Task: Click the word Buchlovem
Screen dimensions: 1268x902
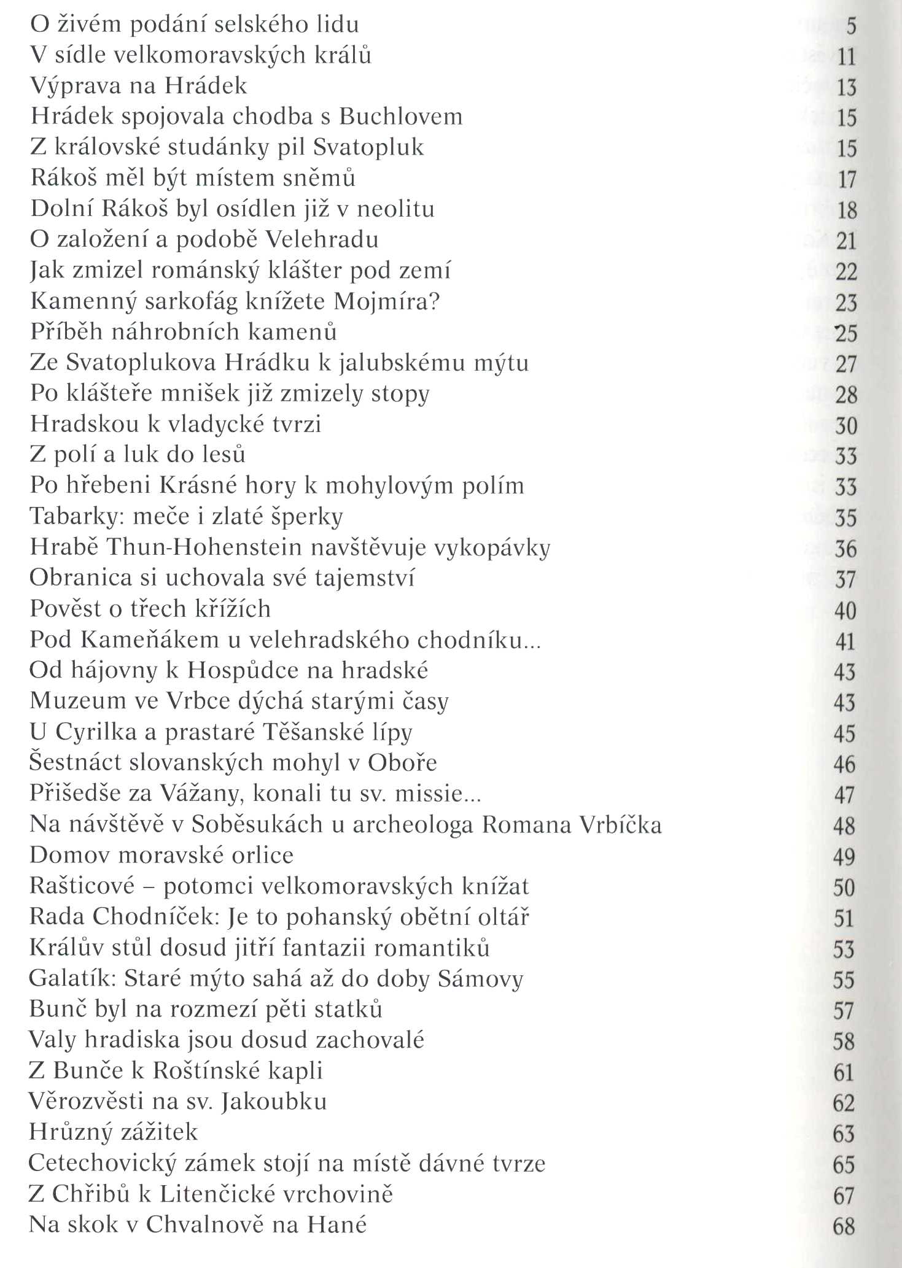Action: (400, 117)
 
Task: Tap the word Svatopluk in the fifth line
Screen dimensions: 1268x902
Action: (368, 147)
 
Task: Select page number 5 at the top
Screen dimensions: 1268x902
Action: (850, 26)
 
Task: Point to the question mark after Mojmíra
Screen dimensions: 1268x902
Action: (435, 301)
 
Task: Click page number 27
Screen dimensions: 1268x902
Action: (846, 364)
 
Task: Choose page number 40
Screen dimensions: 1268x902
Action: (846, 611)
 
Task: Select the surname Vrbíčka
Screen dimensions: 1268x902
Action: (621, 824)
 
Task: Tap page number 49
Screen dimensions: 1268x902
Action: (844, 857)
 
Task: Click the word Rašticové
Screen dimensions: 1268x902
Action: (82, 886)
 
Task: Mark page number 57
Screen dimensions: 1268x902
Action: (844, 1011)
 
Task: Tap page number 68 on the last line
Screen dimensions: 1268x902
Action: (844, 1226)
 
